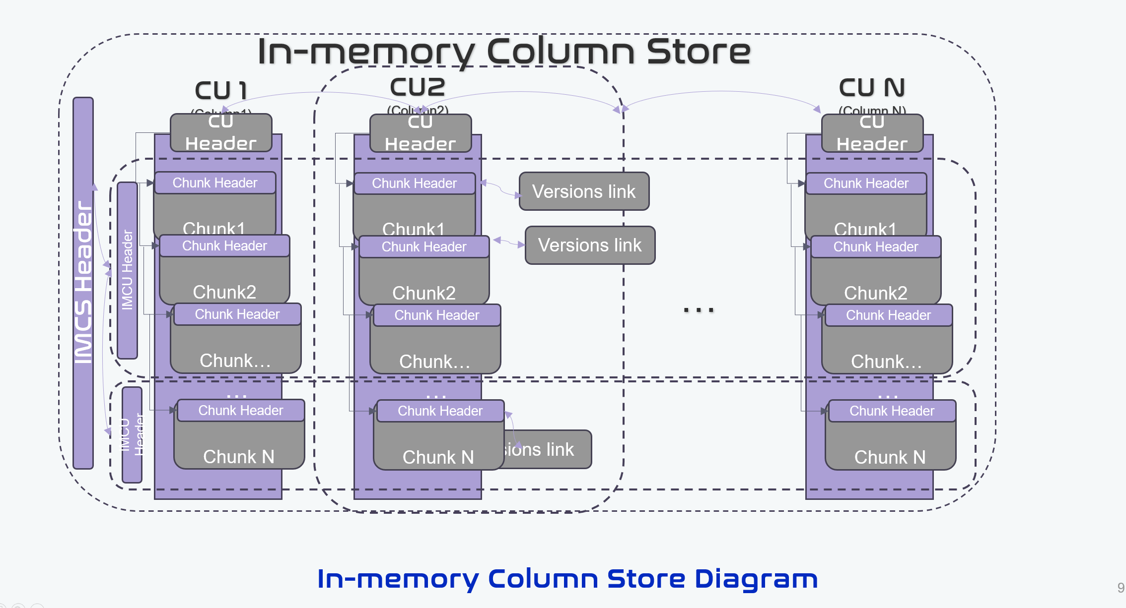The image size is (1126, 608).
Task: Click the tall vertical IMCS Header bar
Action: click(x=83, y=283)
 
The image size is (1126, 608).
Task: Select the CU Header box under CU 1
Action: click(x=221, y=133)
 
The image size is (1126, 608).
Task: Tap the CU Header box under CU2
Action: click(x=421, y=133)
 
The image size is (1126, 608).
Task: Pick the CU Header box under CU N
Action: click(x=872, y=133)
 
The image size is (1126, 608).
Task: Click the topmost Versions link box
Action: click(x=584, y=191)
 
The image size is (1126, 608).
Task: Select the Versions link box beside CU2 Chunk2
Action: click(x=590, y=245)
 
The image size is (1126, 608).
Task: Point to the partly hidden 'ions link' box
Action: click(x=546, y=449)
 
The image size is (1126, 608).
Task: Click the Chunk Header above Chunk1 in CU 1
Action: click(x=215, y=183)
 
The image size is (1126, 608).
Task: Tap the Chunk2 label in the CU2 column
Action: click(x=423, y=293)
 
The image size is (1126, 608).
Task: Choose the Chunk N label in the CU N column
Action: click(x=890, y=457)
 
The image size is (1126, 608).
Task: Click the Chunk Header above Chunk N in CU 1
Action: click(x=241, y=411)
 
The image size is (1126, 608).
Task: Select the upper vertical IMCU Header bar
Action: click(x=128, y=270)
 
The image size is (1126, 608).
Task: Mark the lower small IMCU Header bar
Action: click(x=132, y=434)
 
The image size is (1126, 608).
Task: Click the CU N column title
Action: click(x=872, y=88)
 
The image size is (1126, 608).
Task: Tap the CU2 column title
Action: click(x=417, y=87)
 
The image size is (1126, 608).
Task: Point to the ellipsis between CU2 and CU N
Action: click(x=699, y=310)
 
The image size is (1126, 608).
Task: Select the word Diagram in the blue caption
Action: click(x=756, y=579)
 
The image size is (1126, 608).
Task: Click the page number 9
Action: click(x=1120, y=588)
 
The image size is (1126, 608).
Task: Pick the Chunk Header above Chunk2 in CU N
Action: click(x=876, y=247)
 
